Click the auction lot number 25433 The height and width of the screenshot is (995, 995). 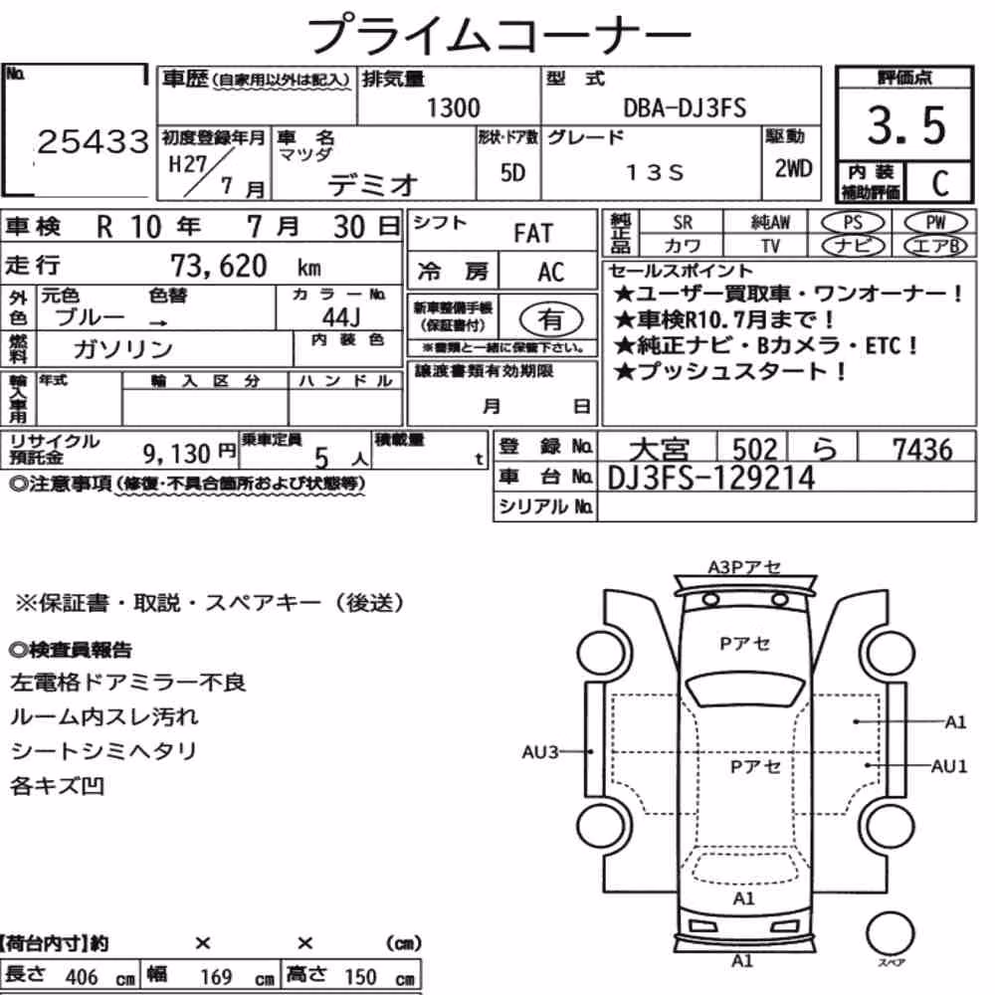[x=94, y=141]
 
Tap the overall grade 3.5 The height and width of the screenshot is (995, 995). [x=906, y=125]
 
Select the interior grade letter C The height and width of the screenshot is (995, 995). [x=940, y=183]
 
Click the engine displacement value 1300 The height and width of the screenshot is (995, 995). [x=453, y=107]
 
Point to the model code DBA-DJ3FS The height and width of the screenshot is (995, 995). [x=685, y=107]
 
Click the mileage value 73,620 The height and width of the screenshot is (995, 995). [x=218, y=266]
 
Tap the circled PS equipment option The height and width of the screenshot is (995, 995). [x=853, y=223]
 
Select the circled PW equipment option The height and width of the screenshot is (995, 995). [x=935, y=223]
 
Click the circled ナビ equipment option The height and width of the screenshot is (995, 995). [x=853, y=246]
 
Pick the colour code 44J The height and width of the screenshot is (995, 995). [x=340, y=316]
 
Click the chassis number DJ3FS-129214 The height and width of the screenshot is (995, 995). [x=710, y=478]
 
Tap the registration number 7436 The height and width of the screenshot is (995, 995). [x=922, y=450]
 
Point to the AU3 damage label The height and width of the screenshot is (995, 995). [x=539, y=752]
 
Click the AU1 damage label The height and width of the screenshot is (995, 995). [x=949, y=766]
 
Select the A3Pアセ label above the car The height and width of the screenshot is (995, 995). [x=744, y=567]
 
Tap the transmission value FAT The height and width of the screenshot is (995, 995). [x=533, y=234]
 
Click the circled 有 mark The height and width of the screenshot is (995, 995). [x=551, y=319]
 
